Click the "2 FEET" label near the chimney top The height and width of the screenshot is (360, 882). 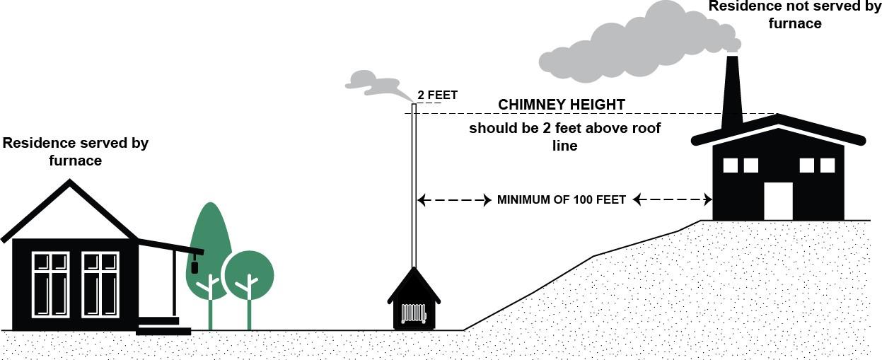point(437,95)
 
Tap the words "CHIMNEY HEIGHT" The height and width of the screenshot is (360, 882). point(562,105)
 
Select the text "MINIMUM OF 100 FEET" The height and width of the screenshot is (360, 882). point(562,199)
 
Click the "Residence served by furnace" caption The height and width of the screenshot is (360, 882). point(75,151)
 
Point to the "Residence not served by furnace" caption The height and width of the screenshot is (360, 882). point(795,15)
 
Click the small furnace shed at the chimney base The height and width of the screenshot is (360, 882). point(414,301)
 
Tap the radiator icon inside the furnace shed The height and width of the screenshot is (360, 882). point(413,313)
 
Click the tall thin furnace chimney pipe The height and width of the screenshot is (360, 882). point(414,184)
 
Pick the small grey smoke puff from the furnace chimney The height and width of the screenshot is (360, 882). point(375,83)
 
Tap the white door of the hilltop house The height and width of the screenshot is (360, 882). point(778,201)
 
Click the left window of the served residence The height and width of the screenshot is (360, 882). point(51,284)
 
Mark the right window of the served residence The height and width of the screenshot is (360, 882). point(100,284)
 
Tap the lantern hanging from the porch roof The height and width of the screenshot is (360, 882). point(195,266)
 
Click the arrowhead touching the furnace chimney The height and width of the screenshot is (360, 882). point(422,200)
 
